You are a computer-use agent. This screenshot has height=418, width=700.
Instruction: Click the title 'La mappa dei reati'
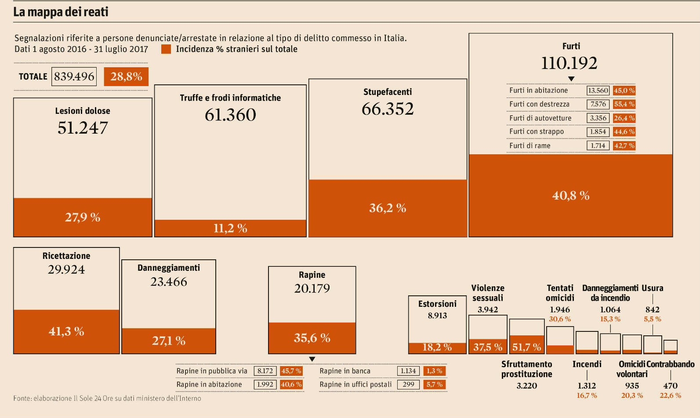[61, 12]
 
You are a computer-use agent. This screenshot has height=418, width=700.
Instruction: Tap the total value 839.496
[74, 76]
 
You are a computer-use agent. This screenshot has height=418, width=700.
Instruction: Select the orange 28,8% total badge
[126, 76]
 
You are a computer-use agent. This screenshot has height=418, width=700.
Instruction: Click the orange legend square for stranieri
[166, 49]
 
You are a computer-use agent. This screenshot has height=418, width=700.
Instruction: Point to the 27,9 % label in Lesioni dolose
[83, 217]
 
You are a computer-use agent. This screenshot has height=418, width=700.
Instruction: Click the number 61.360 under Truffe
[230, 115]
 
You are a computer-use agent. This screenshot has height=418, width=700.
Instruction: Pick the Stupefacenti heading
[388, 92]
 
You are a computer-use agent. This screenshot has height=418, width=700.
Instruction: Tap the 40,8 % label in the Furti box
[571, 196]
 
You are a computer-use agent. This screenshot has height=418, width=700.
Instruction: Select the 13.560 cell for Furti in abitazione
[598, 91]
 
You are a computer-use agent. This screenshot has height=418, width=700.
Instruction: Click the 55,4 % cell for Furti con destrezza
[624, 104]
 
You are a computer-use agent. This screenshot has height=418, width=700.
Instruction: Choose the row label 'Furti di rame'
[530, 145]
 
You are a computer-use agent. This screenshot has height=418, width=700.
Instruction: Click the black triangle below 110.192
[571, 79]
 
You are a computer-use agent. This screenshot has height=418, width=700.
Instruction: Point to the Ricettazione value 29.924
[66, 269]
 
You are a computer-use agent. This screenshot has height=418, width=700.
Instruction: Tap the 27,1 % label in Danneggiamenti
[169, 341]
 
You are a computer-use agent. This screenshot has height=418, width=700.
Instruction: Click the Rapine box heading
[312, 275]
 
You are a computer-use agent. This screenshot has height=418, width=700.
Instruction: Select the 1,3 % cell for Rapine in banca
[434, 371]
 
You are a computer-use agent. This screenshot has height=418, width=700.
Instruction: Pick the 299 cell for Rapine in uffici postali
[408, 385]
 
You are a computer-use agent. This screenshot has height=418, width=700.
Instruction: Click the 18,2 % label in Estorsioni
[437, 347]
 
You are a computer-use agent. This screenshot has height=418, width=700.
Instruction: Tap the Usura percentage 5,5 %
[652, 319]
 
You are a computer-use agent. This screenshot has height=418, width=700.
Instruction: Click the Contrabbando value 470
[670, 385]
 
